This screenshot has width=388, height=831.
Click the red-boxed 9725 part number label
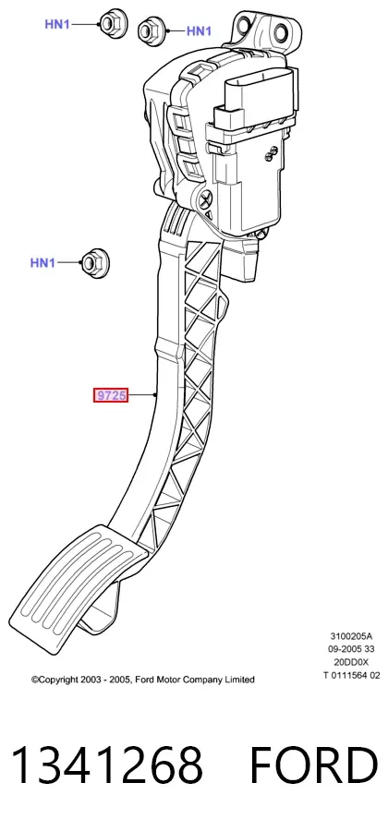111,395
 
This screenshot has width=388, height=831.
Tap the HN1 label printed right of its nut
199,31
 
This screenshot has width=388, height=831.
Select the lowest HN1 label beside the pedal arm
42,262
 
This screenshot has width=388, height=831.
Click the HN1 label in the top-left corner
56,24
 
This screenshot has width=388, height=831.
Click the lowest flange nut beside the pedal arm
94,263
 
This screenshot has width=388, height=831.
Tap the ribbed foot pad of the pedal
78,588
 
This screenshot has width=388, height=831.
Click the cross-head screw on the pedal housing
205,199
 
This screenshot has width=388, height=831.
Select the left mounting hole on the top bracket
244,24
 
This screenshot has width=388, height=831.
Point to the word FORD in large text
314,765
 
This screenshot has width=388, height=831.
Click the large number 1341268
107,765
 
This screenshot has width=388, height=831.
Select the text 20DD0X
351,662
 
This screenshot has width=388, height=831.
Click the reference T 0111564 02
351,675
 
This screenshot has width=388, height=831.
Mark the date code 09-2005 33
351,649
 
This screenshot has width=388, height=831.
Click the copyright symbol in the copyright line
35,680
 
